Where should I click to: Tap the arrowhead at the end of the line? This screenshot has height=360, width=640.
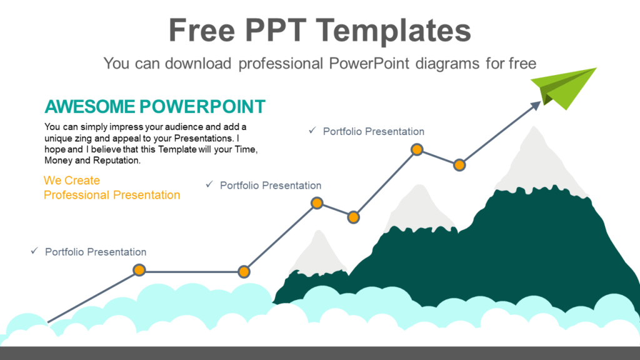tap(536, 106)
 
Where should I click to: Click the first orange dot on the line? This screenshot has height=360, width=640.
tap(139, 270)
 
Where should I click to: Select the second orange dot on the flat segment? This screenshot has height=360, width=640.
tap(244, 271)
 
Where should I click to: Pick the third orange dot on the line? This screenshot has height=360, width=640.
tap(317, 203)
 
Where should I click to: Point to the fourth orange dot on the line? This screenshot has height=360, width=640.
tap(353, 217)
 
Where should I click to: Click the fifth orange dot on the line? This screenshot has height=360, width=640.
tap(417, 149)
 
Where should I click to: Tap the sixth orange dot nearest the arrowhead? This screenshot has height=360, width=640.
tap(459, 165)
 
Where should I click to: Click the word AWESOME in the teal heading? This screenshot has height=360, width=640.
tap(88, 106)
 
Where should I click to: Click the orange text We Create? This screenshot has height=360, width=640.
tap(72, 181)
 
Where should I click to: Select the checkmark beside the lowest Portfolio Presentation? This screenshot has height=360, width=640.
tap(34, 251)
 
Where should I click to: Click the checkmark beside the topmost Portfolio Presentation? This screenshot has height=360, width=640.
tap(312, 131)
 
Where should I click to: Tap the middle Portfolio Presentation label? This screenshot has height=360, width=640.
tap(271, 186)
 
